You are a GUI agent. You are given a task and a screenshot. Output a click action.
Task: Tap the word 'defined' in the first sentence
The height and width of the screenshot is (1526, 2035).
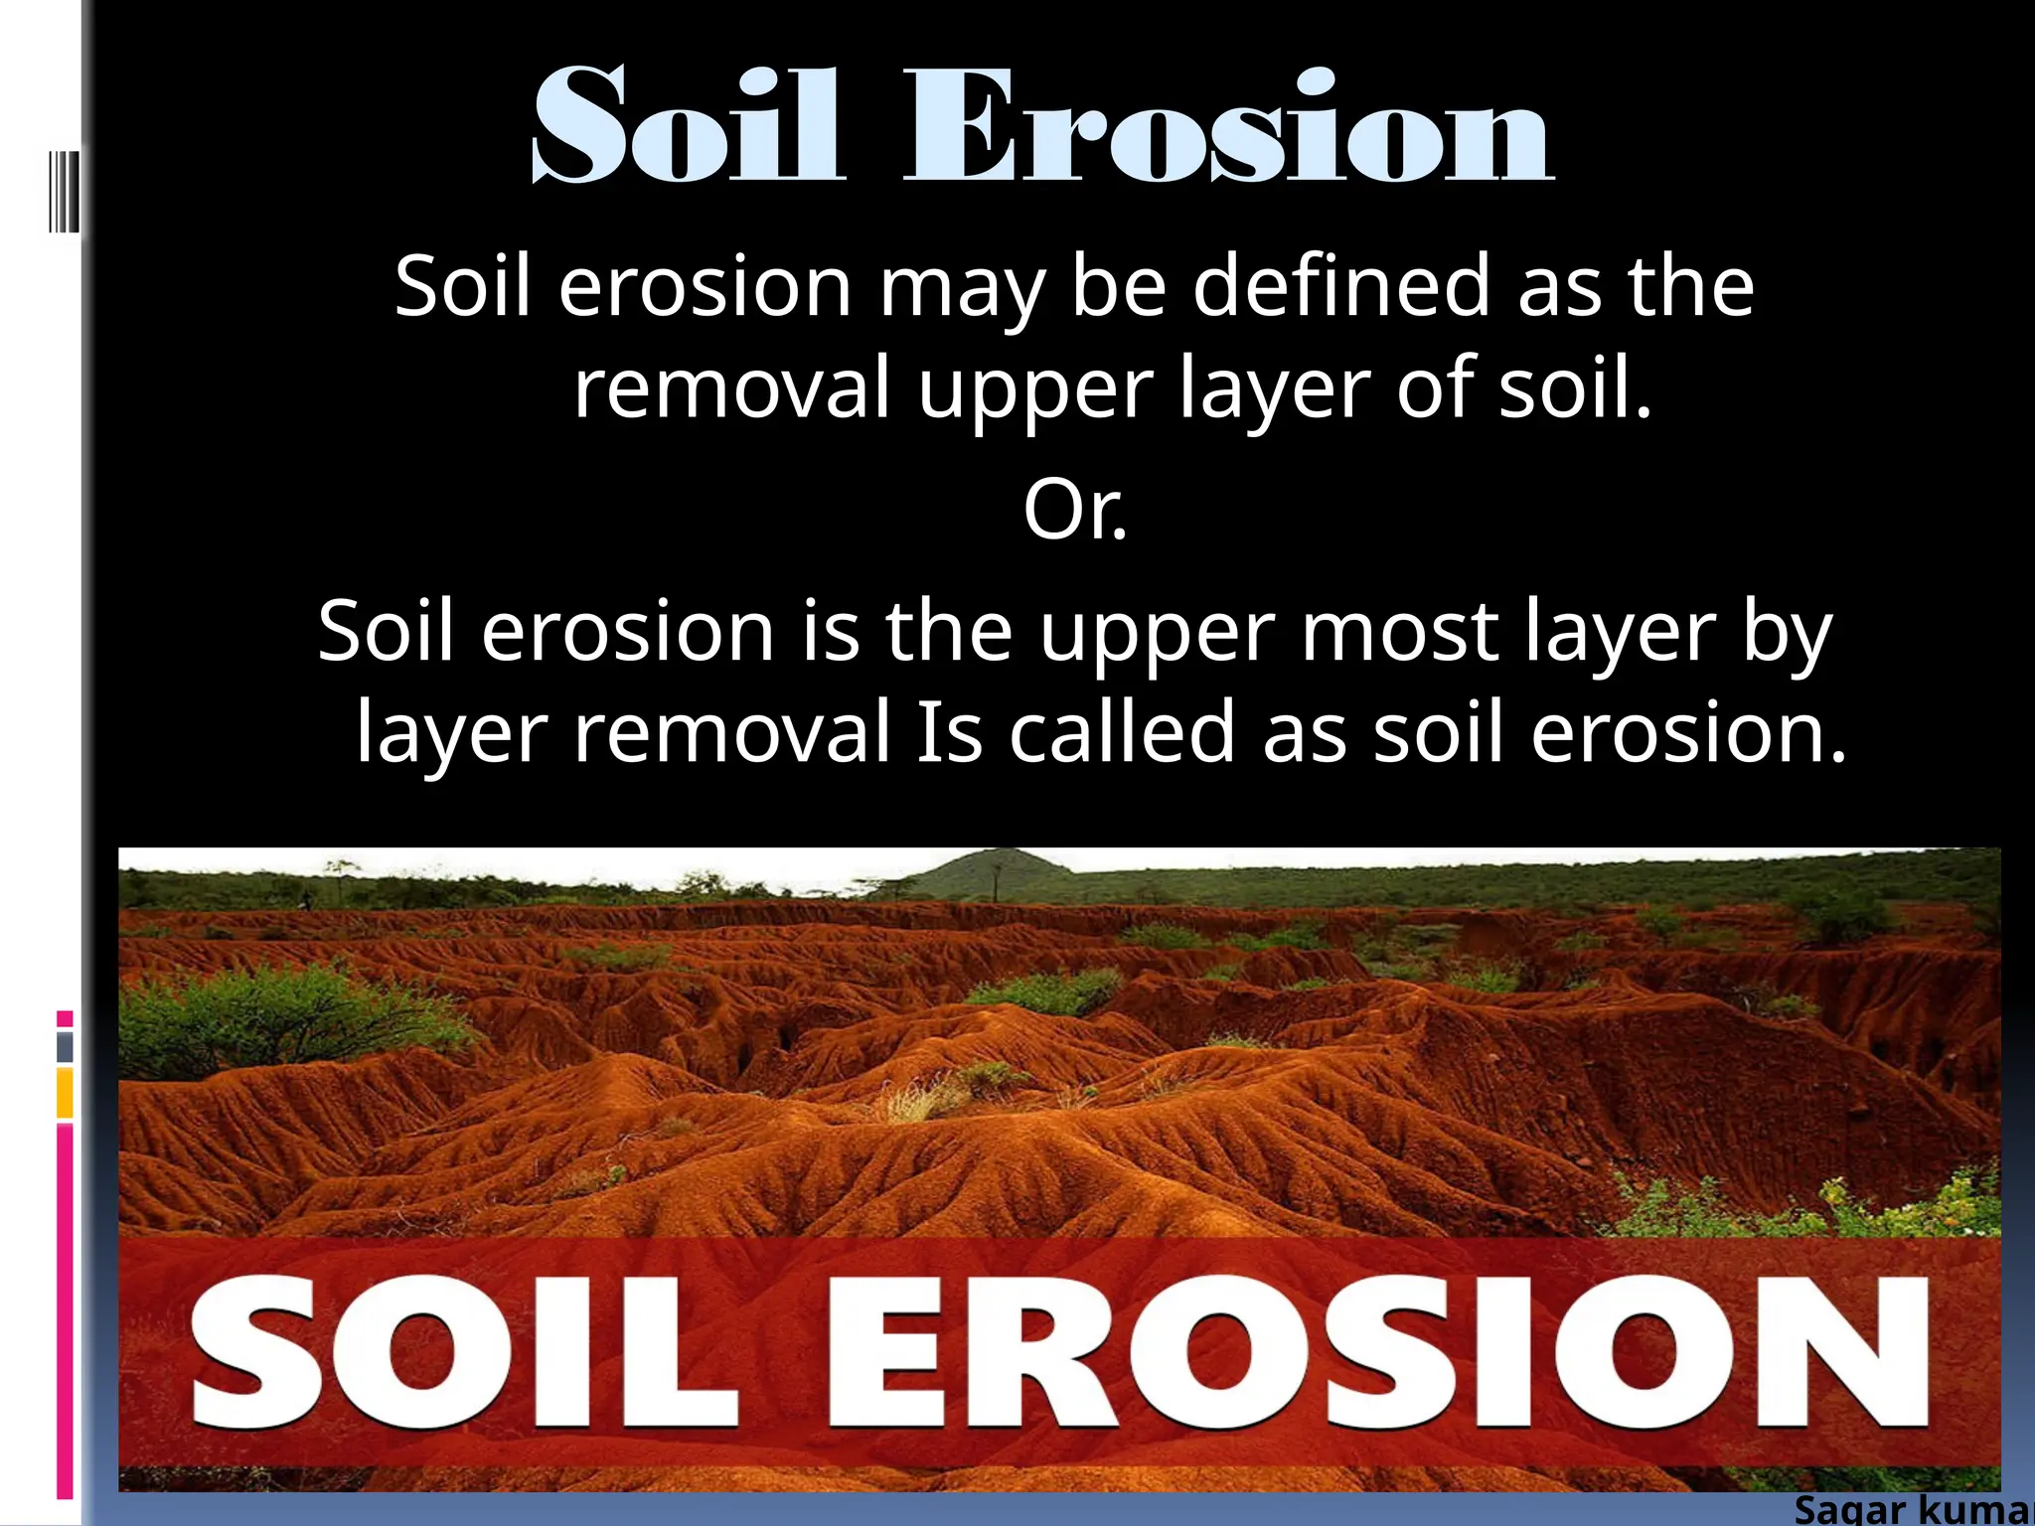pos(1341,287)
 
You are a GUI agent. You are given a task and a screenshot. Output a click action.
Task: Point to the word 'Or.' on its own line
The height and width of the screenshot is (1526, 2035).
pos(1075,511)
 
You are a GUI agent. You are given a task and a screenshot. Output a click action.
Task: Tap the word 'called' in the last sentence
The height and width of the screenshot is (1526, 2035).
pos(1122,732)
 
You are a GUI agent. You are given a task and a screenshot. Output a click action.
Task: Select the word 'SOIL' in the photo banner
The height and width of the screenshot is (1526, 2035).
pos(465,1353)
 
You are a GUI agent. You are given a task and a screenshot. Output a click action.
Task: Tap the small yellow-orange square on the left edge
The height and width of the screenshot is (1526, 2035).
pos(65,1093)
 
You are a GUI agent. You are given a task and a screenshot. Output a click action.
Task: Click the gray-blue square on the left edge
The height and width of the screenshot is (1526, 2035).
pos(65,1046)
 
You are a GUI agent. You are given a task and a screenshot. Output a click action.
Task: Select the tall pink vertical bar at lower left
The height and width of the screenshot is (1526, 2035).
pos(65,1311)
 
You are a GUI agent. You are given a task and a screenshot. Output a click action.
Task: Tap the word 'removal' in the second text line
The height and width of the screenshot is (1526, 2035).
pos(731,388)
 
